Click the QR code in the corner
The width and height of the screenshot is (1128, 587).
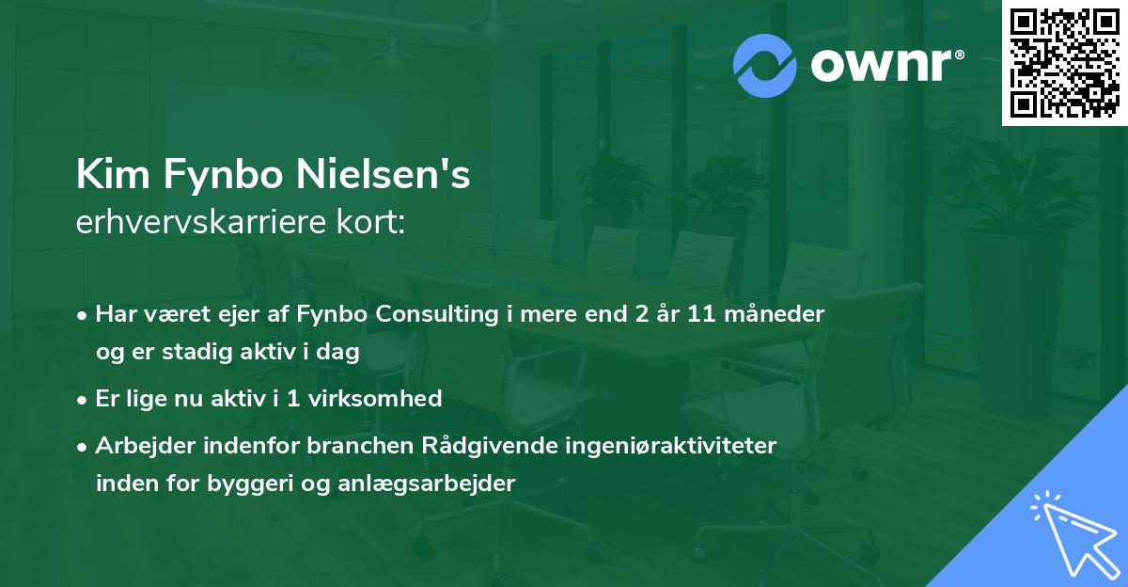click(1064, 62)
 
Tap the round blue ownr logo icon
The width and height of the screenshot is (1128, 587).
click(765, 65)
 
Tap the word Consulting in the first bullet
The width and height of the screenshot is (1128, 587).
click(429, 314)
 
